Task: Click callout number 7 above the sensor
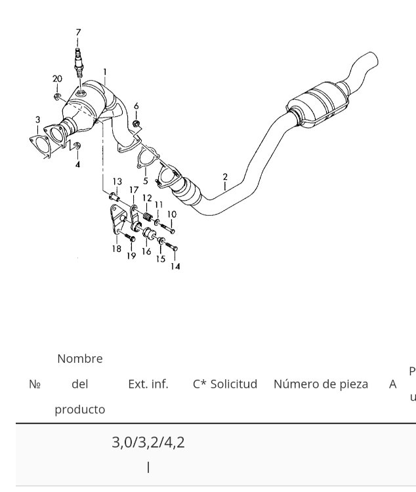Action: click(x=78, y=32)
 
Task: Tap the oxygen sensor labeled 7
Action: click(x=78, y=63)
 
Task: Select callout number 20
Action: click(x=57, y=79)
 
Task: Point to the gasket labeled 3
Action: click(x=39, y=146)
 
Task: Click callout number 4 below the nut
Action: click(x=77, y=164)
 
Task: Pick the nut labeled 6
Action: click(x=136, y=123)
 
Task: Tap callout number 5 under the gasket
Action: click(x=146, y=181)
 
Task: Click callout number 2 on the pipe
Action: click(x=225, y=177)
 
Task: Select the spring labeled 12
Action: click(x=147, y=216)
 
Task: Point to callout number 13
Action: click(x=117, y=181)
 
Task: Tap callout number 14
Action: click(x=175, y=266)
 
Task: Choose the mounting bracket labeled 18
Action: click(x=117, y=220)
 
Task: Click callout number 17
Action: click(x=134, y=190)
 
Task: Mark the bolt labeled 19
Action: click(x=129, y=237)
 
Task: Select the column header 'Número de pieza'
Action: click(x=321, y=384)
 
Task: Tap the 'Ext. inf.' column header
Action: click(x=148, y=384)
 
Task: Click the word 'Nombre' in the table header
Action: click(x=80, y=358)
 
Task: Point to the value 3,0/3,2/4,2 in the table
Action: click(x=148, y=442)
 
